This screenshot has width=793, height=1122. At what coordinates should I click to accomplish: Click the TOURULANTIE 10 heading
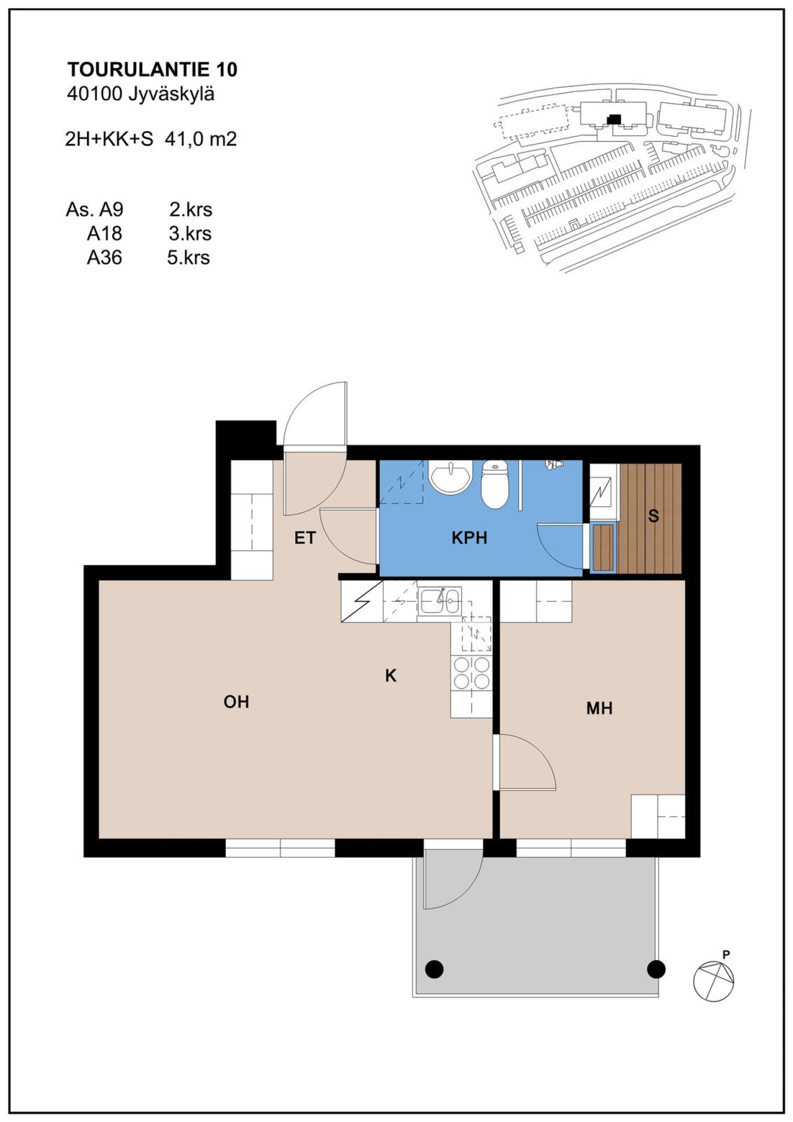click(152, 69)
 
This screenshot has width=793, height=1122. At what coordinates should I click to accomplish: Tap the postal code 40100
click(94, 94)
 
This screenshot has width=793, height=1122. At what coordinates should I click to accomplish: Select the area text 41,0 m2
click(200, 139)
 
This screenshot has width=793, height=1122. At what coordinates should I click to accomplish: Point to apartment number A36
click(105, 257)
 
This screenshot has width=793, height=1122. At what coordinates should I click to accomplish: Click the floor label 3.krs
click(190, 234)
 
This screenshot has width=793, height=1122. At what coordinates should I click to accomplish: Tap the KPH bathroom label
click(469, 538)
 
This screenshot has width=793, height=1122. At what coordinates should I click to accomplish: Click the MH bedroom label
click(599, 708)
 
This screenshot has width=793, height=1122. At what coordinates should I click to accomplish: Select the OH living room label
click(236, 701)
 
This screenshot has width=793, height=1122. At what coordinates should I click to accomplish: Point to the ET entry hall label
click(305, 538)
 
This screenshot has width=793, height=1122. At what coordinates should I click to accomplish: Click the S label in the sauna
click(653, 516)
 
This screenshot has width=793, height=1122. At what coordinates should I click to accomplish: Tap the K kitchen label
click(390, 675)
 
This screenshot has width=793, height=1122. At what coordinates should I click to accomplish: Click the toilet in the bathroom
click(495, 484)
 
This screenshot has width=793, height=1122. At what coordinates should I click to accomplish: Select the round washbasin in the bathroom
click(450, 478)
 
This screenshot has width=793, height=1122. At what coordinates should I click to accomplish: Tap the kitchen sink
click(439, 600)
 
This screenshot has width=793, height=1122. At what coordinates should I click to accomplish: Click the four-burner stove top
click(471, 673)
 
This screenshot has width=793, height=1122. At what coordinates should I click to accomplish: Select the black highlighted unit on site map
click(613, 118)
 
